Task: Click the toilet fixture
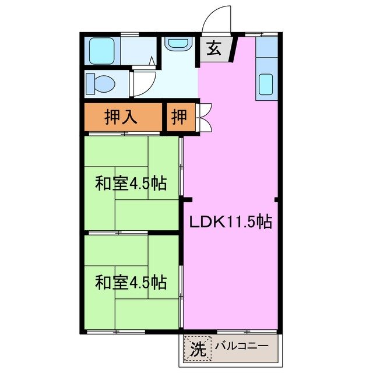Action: [x=100, y=83]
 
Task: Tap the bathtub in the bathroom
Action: [x=103, y=51]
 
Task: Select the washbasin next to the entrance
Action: [x=177, y=44]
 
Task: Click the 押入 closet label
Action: [x=121, y=117]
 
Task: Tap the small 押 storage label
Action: [x=180, y=117]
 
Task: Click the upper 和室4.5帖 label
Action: [x=131, y=184]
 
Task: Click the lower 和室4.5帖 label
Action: [x=131, y=283]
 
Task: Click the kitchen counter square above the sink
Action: [x=266, y=48]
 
